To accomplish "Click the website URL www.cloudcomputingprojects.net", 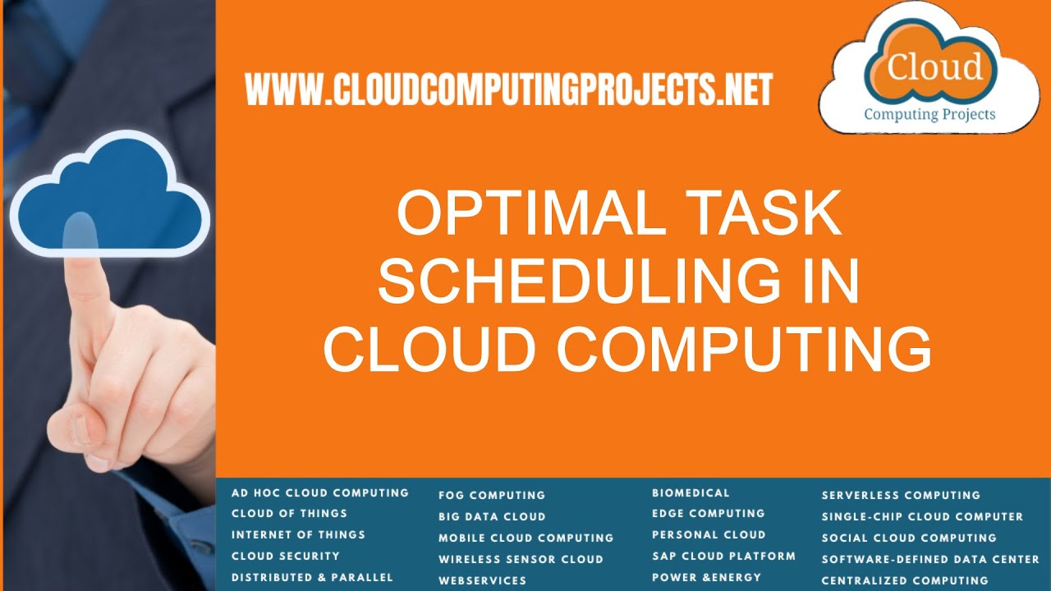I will (508, 89).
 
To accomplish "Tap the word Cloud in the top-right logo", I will (934, 66).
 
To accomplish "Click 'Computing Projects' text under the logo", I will (929, 114).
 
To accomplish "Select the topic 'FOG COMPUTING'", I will (491, 495).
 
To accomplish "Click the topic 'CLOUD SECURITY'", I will (285, 556).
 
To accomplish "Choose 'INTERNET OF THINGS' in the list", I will (298, 534).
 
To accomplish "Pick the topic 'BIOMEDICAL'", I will (691, 492).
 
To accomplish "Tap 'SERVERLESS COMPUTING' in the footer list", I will (901, 495).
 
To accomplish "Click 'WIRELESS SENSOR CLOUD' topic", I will (521, 559).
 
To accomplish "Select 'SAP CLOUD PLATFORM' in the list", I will (723, 556).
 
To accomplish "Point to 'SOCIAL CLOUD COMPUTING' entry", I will (909, 538).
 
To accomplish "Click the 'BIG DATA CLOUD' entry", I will (492, 516).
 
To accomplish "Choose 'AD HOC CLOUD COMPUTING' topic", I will (319, 492).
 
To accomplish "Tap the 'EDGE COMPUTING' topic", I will (708, 513).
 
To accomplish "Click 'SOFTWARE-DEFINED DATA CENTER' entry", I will (930, 559).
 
